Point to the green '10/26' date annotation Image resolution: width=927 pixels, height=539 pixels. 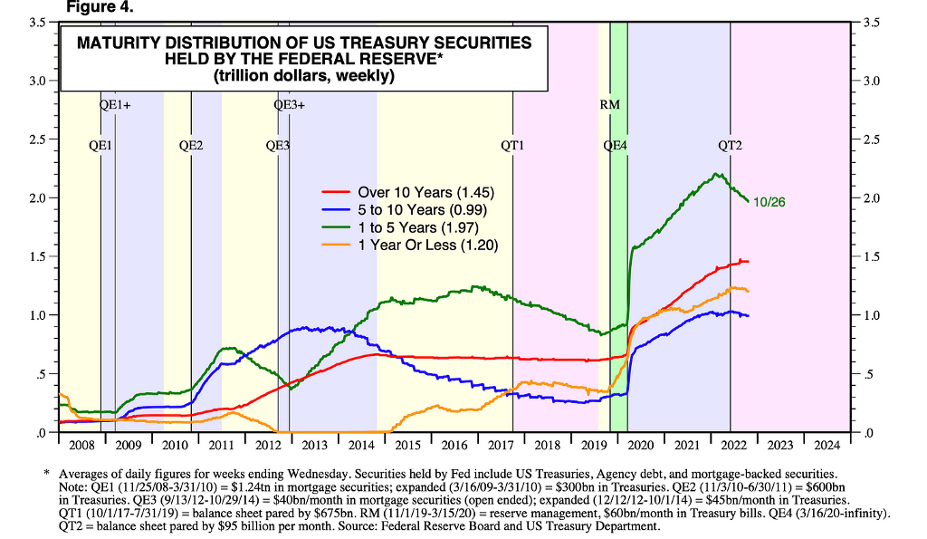click(x=769, y=202)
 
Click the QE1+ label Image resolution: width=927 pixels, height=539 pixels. click(x=115, y=104)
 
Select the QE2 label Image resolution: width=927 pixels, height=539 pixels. click(x=191, y=145)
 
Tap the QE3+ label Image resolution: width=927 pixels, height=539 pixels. click(x=289, y=104)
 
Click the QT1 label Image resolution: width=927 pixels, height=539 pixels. click(x=513, y=145)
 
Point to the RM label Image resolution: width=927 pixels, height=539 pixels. click(x=610, y=104)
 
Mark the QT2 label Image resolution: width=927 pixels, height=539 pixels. click(x=731, y=145)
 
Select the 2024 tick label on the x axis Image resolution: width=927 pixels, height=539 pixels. click(x=827, y=445)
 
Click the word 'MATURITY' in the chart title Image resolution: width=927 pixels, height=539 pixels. click(x=118, y=43)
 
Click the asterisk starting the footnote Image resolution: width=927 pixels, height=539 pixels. click(x=46, y=472)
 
